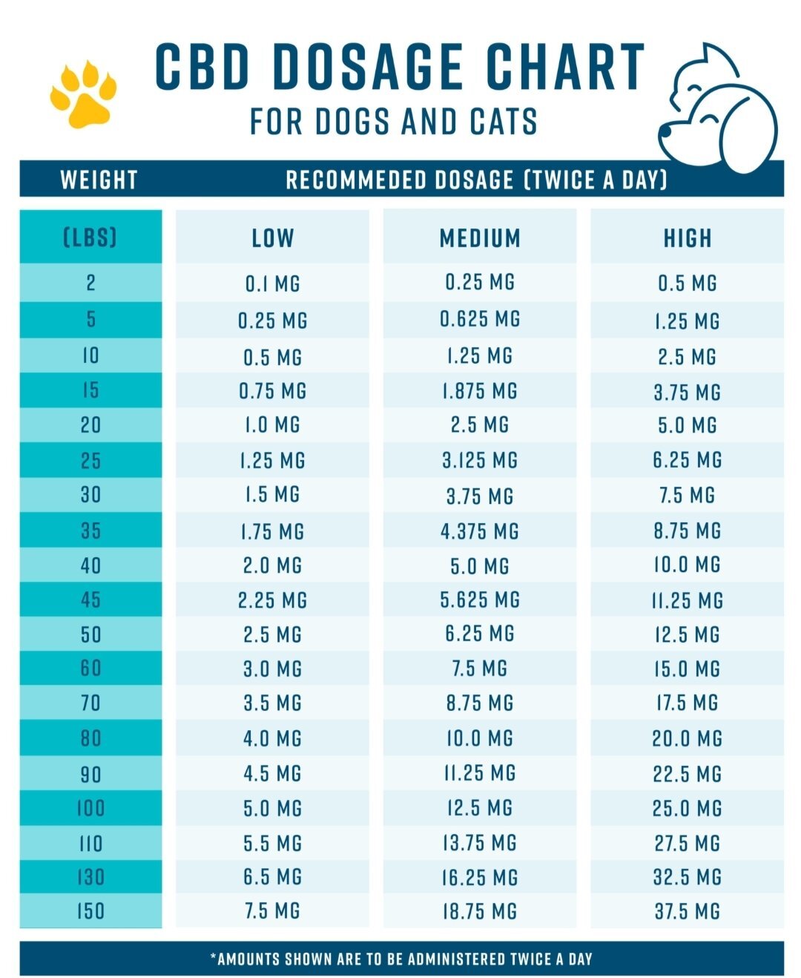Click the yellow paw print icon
[83, 94]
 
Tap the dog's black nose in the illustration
[665, 131]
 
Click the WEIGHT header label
[99, 180]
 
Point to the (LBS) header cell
[90, 237]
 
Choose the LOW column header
[272, 238]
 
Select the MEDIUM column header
[480, 238]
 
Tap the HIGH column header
[688, 238]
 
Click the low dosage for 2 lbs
[272, 283]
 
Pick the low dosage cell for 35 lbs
[272, 531]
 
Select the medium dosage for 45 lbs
[480, 600]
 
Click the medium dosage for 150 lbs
[480, 911]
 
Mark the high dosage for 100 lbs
[688, 808]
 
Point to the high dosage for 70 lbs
[688, 703]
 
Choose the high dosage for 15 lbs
[688, 392]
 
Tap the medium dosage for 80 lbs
[480, 738]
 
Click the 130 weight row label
[90, 877]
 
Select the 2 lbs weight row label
[90, 283]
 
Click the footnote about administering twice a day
[401, 959]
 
